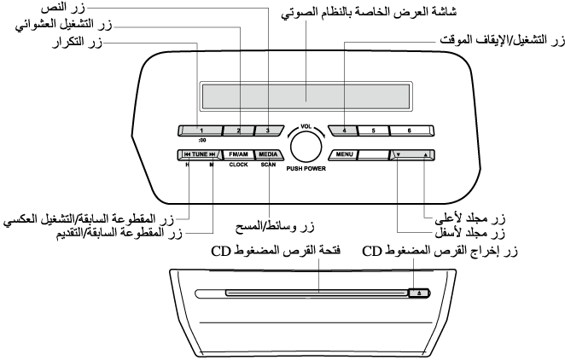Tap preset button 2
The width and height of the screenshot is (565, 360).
coord(240,131)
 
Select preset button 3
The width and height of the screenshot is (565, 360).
coord(267,131)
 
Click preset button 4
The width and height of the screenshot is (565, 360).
coord(345,131)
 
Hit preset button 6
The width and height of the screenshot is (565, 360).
coord(410,131)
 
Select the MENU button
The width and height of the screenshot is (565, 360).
coord(344,155)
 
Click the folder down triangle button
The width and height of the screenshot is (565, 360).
coord(398,155)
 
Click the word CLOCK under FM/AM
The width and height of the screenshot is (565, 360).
coord(238,165)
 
